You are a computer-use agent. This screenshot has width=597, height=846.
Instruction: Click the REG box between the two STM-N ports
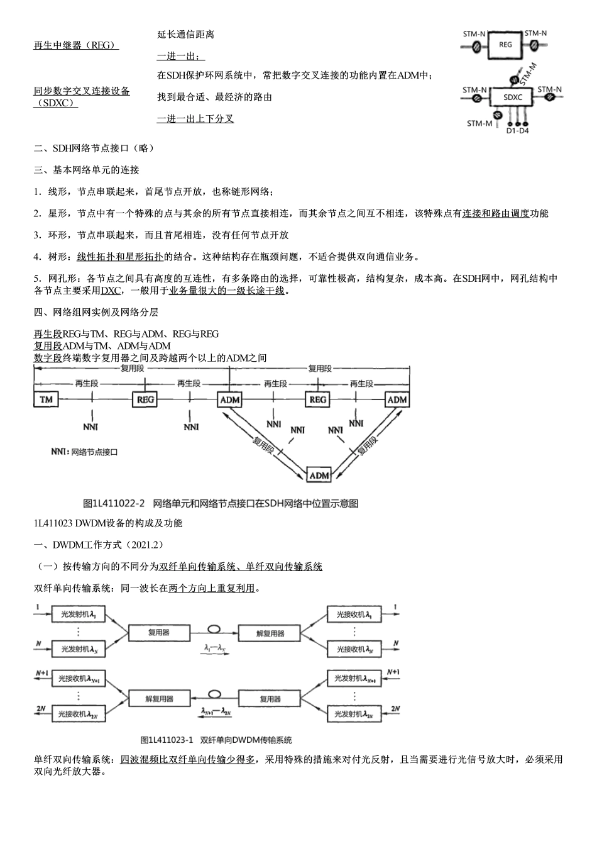[506, 45]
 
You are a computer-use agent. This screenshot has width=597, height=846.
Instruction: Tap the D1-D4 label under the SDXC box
[517, 131]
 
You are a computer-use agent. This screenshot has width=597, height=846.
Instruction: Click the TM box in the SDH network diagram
[46, 399]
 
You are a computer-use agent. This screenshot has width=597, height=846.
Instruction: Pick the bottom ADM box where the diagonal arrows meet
[319, 476]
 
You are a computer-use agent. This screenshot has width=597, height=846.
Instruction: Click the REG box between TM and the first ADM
[145, 399]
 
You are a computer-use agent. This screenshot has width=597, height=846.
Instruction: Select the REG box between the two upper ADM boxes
[318, 399]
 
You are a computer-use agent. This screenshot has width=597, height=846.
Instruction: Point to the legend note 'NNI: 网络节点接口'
[84, 452]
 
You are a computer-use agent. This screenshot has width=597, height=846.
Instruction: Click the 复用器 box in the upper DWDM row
[159, 633]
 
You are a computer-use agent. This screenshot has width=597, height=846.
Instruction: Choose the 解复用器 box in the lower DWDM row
[159, 698]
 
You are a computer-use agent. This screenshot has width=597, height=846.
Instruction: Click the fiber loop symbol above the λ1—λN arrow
[215, 629]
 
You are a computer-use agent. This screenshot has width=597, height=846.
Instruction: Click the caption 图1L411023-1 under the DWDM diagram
[216, 740]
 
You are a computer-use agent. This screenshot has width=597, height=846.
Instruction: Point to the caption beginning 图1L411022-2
[221, 503]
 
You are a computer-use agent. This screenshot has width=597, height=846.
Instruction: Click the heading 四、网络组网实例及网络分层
[96, 312]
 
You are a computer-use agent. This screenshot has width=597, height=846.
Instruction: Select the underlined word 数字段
[48, 358]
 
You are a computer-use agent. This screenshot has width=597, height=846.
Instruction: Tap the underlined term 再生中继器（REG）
[76, 45]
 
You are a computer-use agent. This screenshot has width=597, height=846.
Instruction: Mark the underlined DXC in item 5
[111, 291]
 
